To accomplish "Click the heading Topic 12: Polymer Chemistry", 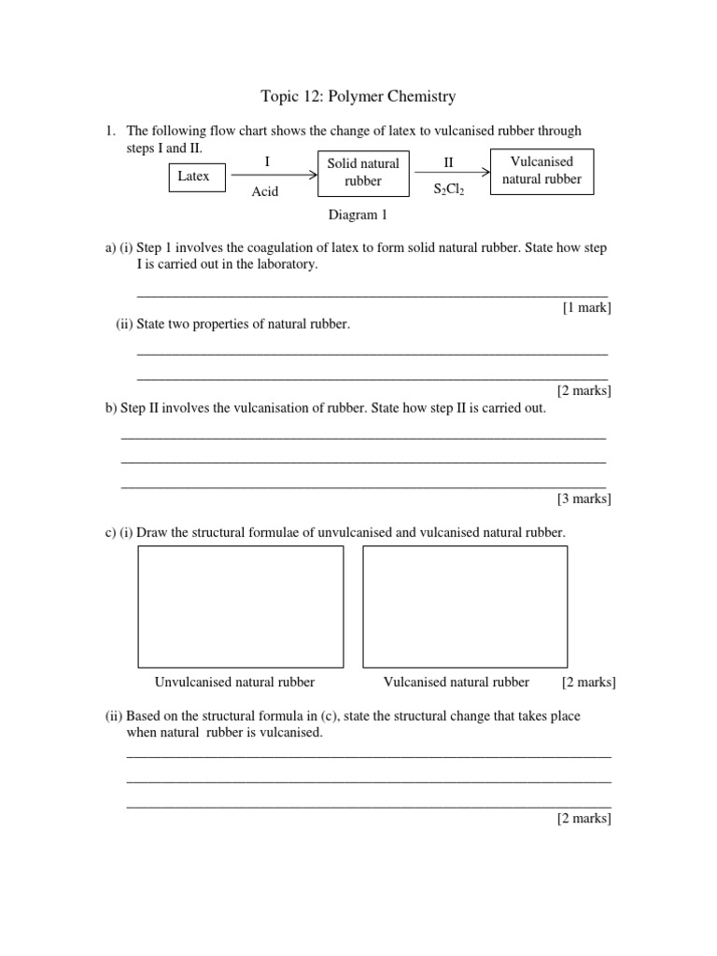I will click(358, 96).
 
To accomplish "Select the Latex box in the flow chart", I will click(194, 176).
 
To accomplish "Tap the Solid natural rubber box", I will click(363, 173).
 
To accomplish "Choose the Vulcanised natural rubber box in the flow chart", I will click(541, 170).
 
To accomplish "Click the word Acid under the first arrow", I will click(265, 192).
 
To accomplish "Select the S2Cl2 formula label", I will click(449, 190).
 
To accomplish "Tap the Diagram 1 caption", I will click(358, 215).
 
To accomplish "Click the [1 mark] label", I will click(586, 308).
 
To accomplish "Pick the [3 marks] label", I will click(584, 499).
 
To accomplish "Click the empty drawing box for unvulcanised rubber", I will click(241, 606).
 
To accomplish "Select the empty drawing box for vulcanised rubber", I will click(465, 606).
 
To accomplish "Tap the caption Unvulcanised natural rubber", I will click(234, 682).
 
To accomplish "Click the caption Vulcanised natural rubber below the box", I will click(457, 682).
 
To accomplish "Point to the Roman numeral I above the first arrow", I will click(267, 162).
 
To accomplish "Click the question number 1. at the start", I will click(110, 132).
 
